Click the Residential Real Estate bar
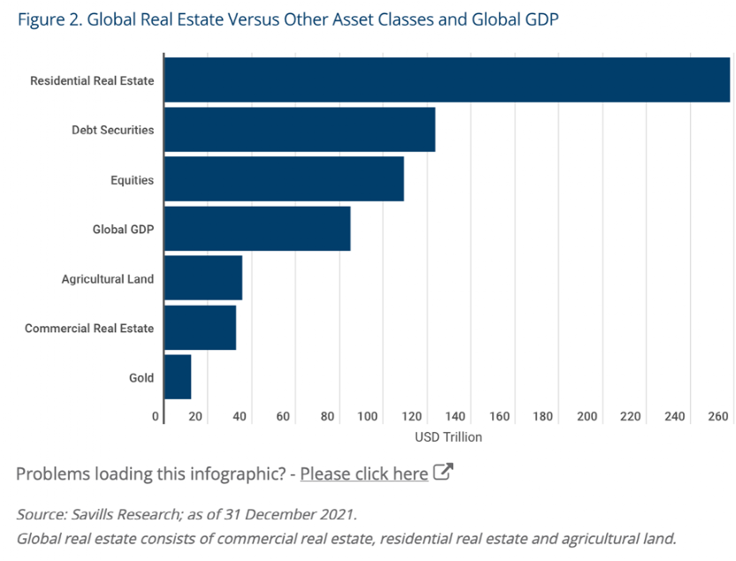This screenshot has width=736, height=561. (447, 80)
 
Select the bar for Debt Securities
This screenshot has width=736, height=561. (300, 130)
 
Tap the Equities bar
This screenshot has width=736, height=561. (284, 179)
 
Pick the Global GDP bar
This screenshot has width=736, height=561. (257, 229)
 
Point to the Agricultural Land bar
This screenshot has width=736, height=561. (203, 278)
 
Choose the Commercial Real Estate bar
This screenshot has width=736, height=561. (200, 328)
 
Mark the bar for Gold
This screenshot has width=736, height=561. (178, 377)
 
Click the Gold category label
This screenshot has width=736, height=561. (141, 378)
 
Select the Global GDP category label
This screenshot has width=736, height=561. (123, 230)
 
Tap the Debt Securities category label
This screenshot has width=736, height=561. (113, 130)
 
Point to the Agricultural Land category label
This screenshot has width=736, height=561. (108, 279)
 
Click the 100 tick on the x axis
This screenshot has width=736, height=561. (368, 416)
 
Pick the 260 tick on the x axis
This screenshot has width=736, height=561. (717, 416)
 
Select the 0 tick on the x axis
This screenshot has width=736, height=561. (156, 416)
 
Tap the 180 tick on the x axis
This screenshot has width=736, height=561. (543, 416)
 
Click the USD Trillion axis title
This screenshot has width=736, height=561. (448, 436)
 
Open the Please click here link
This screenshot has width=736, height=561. (364, 474)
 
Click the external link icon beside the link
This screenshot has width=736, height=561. (444, 473)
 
